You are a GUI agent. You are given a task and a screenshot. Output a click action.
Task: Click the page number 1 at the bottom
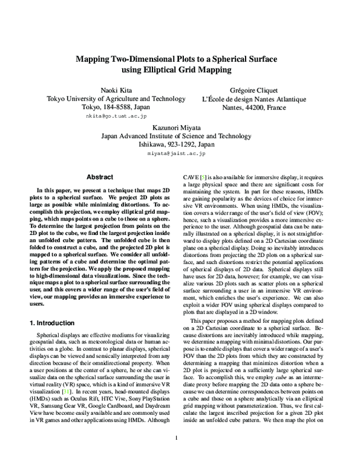(x=175, y=455)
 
